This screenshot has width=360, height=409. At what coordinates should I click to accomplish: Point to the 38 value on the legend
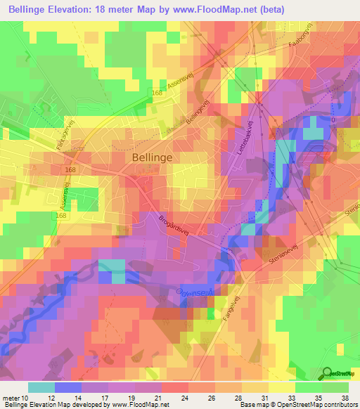[x=345, y=398]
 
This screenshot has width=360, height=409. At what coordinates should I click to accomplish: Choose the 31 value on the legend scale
[x=267, y=398]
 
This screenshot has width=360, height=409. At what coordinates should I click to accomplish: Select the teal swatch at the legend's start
[x=41, y=387]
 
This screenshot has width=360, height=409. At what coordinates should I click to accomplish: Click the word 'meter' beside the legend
[x=11, y=398]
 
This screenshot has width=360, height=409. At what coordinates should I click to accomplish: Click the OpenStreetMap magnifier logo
[x=327, y=373]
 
